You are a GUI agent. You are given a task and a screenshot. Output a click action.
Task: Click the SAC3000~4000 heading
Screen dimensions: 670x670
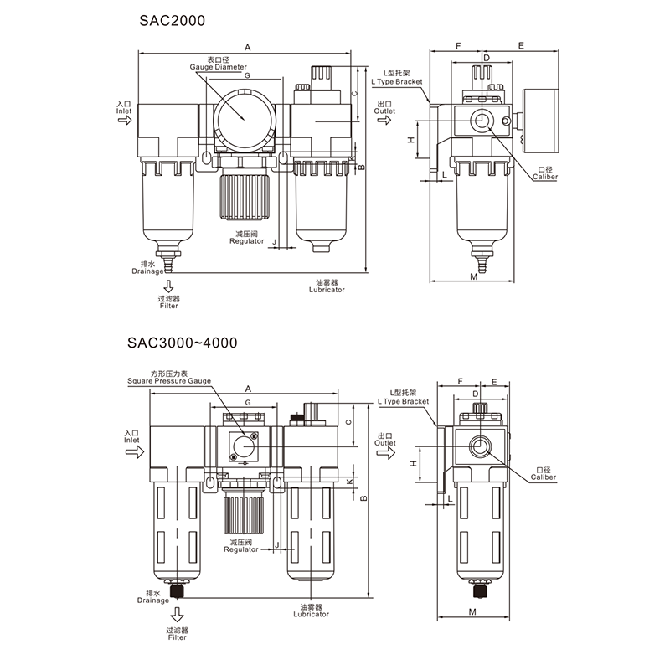(182, 343)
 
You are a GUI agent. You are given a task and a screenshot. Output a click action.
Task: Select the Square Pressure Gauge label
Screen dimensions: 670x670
(169, 380)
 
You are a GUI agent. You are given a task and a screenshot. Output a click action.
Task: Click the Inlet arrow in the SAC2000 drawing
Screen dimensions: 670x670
(125, 121)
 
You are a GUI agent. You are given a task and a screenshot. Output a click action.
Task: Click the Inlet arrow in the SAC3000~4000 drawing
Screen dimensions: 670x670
(132, 451)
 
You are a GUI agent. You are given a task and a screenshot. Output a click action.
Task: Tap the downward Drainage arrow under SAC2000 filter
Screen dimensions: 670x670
(168, 288)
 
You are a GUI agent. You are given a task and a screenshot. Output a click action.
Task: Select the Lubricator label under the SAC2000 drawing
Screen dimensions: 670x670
(326, 289)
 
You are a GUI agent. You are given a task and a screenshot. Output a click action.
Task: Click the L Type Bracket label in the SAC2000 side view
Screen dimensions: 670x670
(400, 82)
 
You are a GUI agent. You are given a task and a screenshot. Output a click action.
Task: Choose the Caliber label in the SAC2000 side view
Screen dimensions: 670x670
(544, 178)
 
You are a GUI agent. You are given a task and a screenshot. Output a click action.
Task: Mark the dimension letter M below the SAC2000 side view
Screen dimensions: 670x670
(473, 276)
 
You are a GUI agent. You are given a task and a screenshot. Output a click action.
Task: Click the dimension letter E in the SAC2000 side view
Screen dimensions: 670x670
(520, 45)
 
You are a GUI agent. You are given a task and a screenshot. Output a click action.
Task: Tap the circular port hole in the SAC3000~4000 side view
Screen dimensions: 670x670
(482, 443)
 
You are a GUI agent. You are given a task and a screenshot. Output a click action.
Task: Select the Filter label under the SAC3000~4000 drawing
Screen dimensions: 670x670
(177, 637)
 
